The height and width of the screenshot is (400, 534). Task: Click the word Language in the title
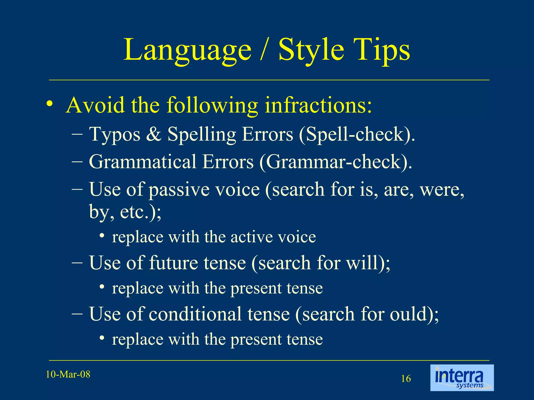click(187, 50)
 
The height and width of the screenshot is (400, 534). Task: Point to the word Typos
click(115, 135)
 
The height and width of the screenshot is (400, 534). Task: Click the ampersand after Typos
click(154, 134)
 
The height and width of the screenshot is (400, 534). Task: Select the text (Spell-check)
click(357, 135)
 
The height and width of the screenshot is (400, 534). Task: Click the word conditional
click(219, 314)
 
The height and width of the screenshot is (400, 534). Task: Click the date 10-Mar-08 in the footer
click(68, 374)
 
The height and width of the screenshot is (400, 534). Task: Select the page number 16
click(406, 379)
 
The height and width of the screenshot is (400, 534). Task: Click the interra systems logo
click(462, 378)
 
